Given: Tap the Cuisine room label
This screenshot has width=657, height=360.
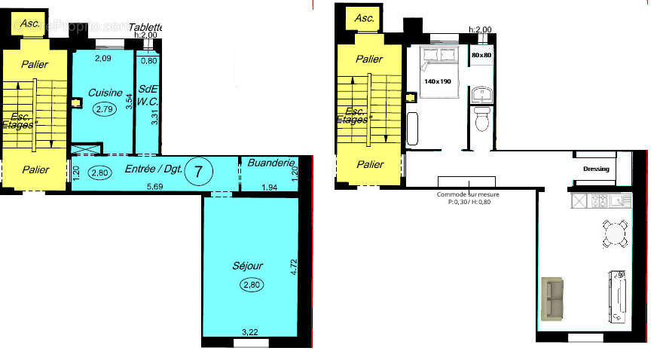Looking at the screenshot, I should click(x=105, y=93).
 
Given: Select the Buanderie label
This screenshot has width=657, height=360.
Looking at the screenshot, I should click(x=270, y=162).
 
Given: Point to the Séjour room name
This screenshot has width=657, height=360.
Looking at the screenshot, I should click(x=248, y=266).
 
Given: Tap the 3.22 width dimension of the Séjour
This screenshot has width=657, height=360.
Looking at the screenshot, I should click(x=250, y=331).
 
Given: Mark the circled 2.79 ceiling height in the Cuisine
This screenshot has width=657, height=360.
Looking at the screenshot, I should click(x=105, y=109).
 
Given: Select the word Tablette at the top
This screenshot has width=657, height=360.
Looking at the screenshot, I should click(x=145, y=28).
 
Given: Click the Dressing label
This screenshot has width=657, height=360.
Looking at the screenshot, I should click(x=596, y=169).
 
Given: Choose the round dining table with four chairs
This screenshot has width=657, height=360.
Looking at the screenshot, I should click(x=616, y=233).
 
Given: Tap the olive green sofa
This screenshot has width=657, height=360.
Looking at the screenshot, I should click(x=552, y=298).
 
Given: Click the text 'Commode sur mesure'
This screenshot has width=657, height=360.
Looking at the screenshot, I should click(x=467, y=194).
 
